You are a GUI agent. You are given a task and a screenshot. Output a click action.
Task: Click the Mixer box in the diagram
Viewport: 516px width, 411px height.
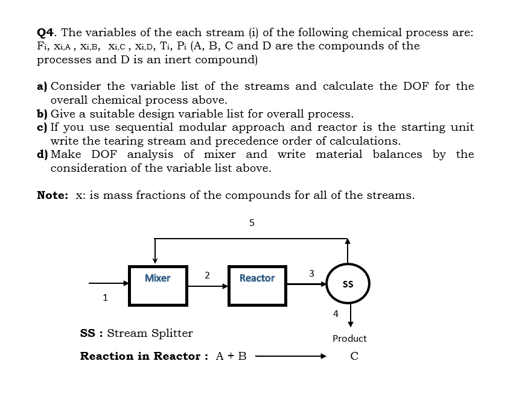pos(158,283)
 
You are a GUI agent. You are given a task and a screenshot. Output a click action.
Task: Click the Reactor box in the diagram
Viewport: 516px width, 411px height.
pos(256,283)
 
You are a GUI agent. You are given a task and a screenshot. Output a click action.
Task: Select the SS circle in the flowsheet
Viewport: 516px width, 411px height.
pos(348,283)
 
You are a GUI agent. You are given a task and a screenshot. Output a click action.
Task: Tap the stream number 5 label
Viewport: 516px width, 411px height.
pos(252,222)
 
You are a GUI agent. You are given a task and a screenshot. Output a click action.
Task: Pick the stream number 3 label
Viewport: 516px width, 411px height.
pos(311,273)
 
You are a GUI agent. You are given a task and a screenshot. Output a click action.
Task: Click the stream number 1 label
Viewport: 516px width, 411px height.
pos(105,296)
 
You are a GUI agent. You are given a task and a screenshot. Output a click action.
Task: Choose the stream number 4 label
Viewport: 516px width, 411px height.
pos(336,313)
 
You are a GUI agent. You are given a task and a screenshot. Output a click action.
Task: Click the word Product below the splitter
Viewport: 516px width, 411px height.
pos(349,339)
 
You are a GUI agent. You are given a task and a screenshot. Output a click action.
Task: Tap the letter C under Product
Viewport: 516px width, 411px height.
pos(354,356)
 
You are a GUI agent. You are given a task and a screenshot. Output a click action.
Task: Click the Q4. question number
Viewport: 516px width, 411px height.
pos(47,32)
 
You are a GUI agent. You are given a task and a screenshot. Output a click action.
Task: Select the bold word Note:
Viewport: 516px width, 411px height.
pos(53,195)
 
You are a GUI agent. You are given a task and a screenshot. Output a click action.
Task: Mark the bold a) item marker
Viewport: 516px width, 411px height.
pos(43,86)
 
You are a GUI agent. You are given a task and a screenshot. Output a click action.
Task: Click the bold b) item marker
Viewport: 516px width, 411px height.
pos(43,113)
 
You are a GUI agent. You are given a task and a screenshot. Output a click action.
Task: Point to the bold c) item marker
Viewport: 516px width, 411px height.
pos(42,127)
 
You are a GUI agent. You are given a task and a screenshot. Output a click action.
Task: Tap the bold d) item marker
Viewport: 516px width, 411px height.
pos(43,154)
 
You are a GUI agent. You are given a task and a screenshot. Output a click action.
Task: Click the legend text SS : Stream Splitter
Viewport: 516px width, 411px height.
pos(136,333)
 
